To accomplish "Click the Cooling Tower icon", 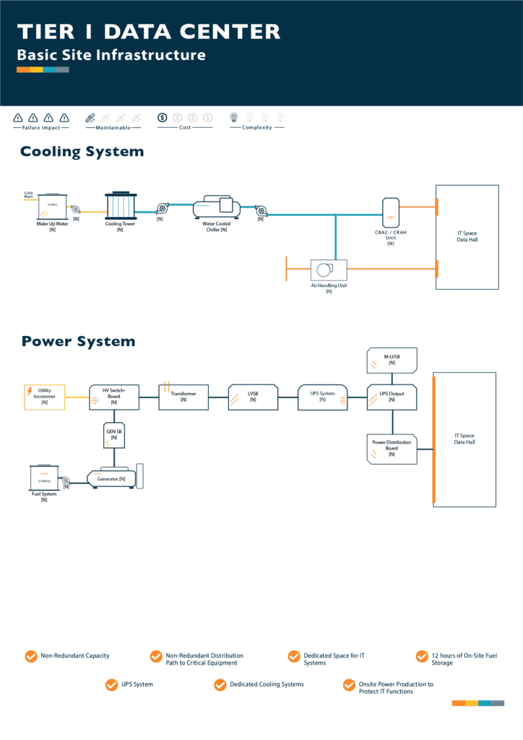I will click(120, 207).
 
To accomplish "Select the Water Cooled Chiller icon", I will click(217, 207).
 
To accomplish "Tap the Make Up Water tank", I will click(52, 207).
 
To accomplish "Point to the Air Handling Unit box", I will click(329, 270).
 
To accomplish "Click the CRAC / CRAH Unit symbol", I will click(391, 210).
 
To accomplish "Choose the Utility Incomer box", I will click(45, 397).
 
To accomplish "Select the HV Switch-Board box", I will click(114, 397).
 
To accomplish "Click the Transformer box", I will click(183, 397).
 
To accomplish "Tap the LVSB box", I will click(253, 397).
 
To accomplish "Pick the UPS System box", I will click(322, 397).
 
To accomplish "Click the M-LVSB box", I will click(392, 358).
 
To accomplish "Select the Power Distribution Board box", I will click(392, 447).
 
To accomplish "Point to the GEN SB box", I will click(114, 434).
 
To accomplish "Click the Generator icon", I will click(112, 478).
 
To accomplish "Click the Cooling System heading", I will click(82, 152).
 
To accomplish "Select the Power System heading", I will click(78, 341).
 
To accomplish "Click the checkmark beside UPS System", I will click(111, 684).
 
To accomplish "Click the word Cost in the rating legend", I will click(185, 128).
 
